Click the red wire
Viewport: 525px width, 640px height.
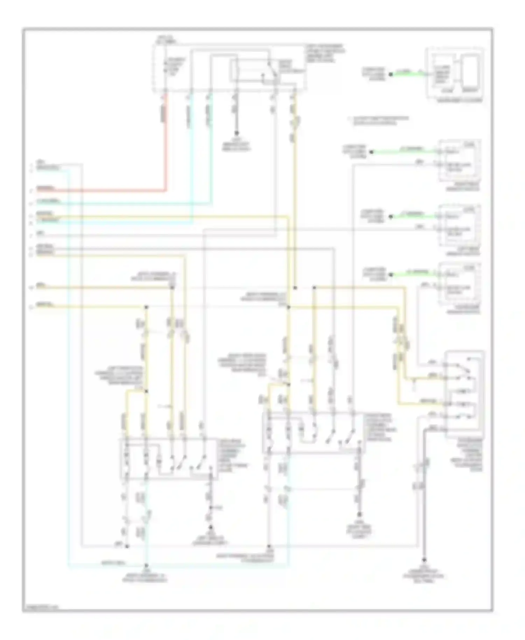coord(166,147)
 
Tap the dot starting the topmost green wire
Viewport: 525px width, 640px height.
coord(391,74)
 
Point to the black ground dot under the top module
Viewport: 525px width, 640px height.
coord(236,133)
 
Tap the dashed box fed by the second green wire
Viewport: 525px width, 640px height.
coord(460,160)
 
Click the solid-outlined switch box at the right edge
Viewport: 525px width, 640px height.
coord(465,394)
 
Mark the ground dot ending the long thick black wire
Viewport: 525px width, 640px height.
coord(424,559)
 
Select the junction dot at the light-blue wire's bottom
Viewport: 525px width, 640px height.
coord(146,565)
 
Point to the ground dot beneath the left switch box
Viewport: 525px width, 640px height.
coord(210,527)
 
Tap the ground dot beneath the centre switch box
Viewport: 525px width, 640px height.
coord(359,514)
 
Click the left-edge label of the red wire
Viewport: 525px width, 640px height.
coord(45,189)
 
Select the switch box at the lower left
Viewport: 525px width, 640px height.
coord(169,459)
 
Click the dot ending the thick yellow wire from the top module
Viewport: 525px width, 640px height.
coord(295,288)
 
